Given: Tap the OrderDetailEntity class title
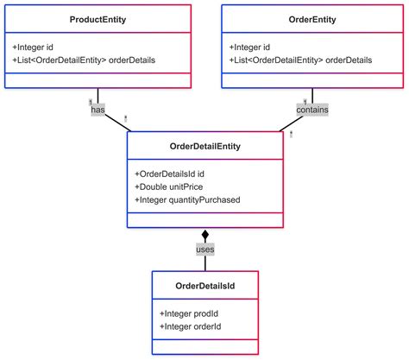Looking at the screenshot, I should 205,147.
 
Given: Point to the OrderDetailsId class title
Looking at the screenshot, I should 205,285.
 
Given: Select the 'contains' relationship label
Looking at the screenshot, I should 311,111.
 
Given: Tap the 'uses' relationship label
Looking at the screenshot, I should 205,249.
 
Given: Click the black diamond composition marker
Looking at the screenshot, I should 205,234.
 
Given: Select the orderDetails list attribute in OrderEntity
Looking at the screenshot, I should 301,60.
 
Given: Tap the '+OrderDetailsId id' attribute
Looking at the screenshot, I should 169,174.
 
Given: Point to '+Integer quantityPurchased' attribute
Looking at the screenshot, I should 187,199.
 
